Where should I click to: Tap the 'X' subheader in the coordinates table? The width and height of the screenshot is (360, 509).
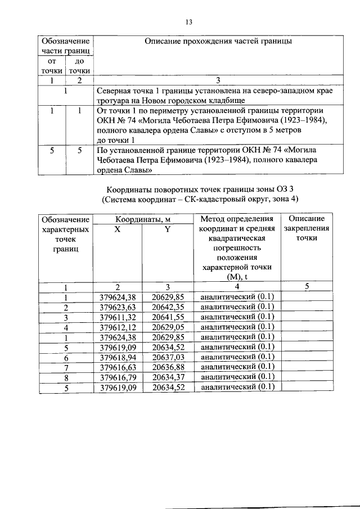tap(117, 229)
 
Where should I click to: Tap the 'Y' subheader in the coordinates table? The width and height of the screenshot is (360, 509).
tap(168, 229)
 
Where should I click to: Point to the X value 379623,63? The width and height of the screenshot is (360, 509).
tap(118, 307)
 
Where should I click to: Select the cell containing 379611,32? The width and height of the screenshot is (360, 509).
tap(118, 317)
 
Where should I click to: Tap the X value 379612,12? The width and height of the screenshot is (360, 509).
tap(118, 327)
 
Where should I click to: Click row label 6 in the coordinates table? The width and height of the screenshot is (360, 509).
tap(66, 357)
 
